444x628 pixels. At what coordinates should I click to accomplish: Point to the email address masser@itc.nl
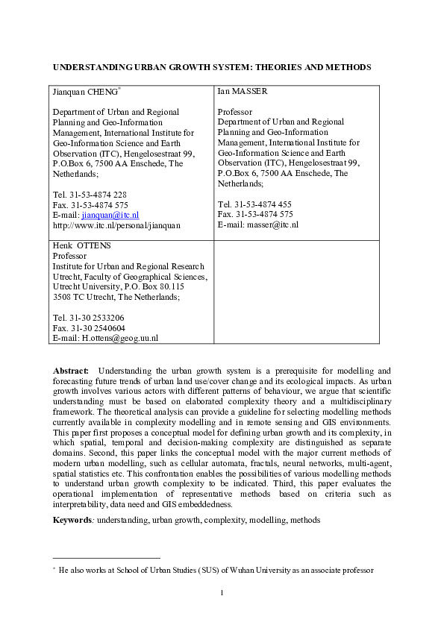coord(270,224)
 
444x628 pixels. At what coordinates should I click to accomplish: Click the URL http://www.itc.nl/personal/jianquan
coord(117,224)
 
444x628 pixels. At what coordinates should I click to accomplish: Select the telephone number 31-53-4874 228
coord(96,195)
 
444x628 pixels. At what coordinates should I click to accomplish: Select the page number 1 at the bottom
coord(222,593)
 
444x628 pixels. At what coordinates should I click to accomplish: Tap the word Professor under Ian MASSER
coord(235,112)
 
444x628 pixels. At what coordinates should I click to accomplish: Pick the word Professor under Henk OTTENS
coord(69,256)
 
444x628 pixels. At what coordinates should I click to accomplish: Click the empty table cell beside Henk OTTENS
coord(296,292)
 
